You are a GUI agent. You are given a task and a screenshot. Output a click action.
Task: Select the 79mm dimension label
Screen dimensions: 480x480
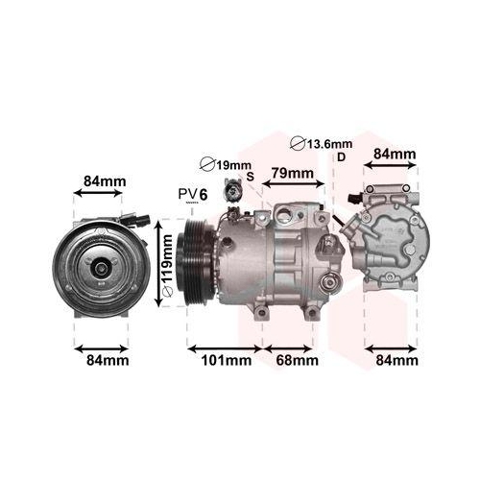coord(292,174)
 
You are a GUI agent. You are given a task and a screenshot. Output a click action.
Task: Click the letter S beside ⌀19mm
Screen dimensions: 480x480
coord(250,177)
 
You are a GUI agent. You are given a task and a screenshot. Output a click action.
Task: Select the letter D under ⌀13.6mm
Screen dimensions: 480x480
coord(340,158)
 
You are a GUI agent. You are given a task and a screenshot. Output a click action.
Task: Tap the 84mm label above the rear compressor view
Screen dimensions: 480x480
coord(394,154)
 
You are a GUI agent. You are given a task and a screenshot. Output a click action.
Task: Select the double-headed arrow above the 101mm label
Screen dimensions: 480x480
coord(224,346)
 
